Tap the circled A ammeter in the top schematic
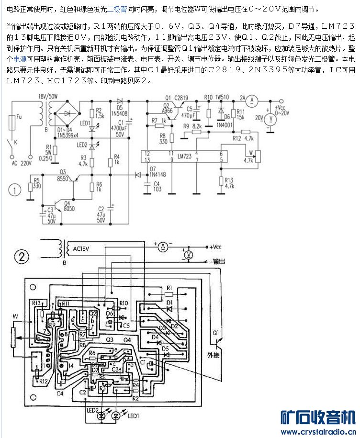[x=255, y=100]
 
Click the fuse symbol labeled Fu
[x=12, y=126]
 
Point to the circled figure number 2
[x=20, y=257]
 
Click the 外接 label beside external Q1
[x=213, y=355]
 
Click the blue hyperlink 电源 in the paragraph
[x=20, y=59]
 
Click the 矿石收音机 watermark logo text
[x=318, y=417]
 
